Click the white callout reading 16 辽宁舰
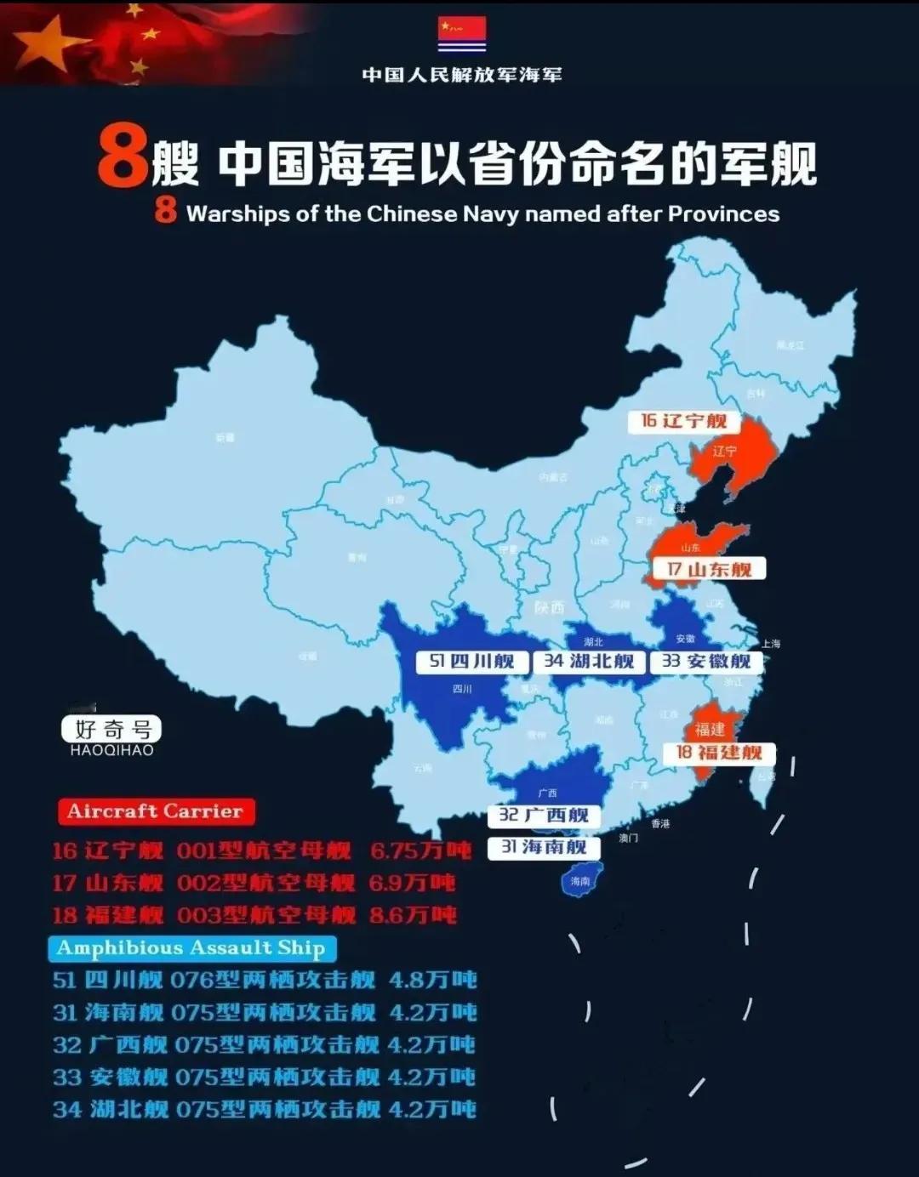click(683, 421)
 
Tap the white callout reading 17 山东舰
click(709, 569)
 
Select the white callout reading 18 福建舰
click(719, 753)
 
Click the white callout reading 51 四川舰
click(472, 662)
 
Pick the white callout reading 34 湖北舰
click(589, 662)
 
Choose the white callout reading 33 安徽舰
click(706, 662)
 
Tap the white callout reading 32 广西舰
click(544, 816)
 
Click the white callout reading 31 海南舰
click(544, 847)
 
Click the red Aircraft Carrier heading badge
click(155, 811)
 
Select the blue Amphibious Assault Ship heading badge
click(191, 948)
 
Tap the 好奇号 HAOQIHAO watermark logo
click(111, 734)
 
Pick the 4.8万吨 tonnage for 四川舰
click(432, 980)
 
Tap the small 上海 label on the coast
click(771, 644)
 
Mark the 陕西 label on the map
click(550, 607)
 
